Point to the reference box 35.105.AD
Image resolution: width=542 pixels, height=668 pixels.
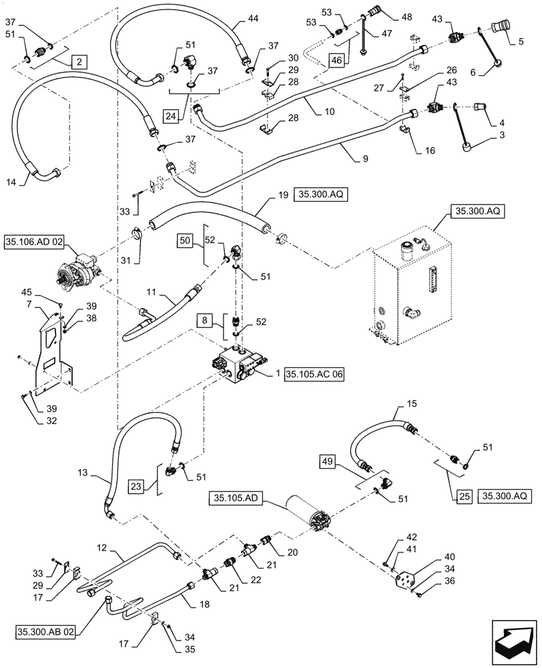[x=238, y=498]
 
